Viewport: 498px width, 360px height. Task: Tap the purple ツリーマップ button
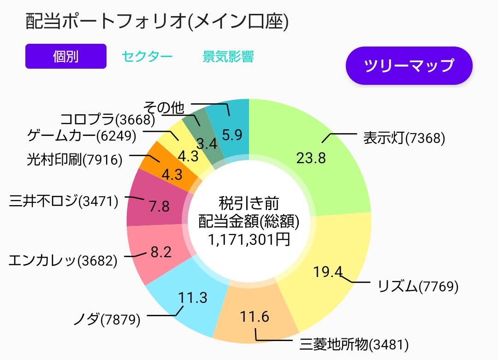pyautogui.click(x=409, y=65)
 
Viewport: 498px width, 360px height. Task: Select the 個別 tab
pyautogui.click(x=66, y=56)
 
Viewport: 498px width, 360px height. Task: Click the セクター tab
pyautogui.click(x=147, y=57)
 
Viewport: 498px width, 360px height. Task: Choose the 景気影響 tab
pyautogui.click(x=228, y=57)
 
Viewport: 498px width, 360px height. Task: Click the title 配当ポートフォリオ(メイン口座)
pyautogui.click(x=157, y=22)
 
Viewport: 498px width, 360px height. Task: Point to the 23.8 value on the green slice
pyautogui.click(x=311, y=158)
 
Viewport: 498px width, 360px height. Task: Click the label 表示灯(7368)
pyautogui.click(x=404, y=138)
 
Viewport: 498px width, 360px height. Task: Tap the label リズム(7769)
pyautogui.click(x=418, y=286)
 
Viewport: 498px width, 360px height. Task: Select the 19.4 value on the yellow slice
pyautogui.click(x=328, y=272)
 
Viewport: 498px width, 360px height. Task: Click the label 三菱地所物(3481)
pyautogui.click(x=354, y=344)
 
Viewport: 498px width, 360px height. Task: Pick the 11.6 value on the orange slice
pyautogui.click(x=255, y=317)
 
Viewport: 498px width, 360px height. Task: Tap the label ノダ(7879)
pyautogui.click(x=107, y=319)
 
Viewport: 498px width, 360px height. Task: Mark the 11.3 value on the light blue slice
pyautogui.click(x=194, y=298)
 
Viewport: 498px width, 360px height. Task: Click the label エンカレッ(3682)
pyautogui.click(x=63, y=260)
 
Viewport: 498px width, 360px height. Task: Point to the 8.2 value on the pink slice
pyautogui.click(x=161, y=252)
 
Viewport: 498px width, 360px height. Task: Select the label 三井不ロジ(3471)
pyautogui.click(x=64, y=201)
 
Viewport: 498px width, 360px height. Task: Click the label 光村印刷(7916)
pyautogui.click(x=75, y=159)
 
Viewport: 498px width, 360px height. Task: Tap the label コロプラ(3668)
pyautogui.click(x=107, y=120)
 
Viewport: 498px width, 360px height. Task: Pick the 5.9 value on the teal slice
pyautogui.click(x=232, y=134)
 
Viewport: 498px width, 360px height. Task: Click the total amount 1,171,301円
pyautogui.click(x=249, y=239)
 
